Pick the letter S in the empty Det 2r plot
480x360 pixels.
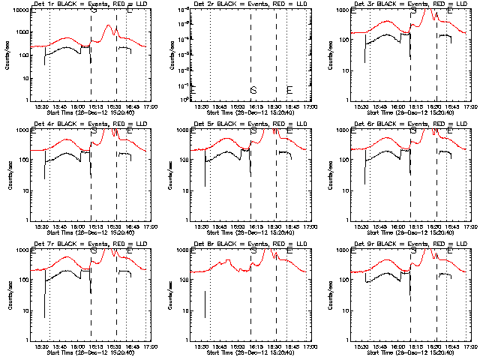point(253,91)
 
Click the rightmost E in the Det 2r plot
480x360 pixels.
point(289,91)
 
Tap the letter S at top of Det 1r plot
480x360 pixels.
point(94,11)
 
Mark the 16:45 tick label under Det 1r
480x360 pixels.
point(129,107)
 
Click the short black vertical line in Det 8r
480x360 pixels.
point(205,303)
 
